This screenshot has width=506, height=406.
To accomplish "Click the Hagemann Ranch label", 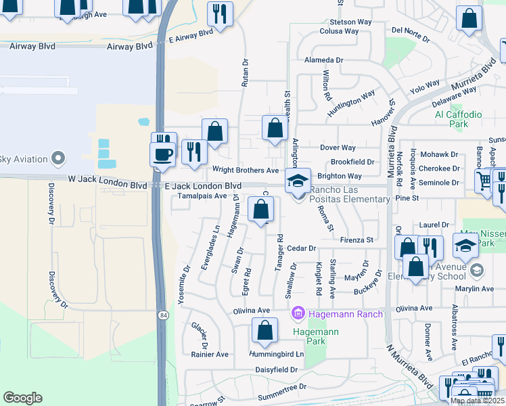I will (x=346, y=314).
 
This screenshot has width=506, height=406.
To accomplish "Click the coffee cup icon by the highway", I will (x=163, y=153).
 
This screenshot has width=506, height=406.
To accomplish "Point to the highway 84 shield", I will (x=163, y=315).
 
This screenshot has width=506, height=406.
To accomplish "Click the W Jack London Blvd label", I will (x=108, y=185).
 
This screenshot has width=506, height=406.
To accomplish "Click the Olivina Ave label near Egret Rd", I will (x=252, y=311).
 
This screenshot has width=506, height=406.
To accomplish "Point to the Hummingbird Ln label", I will (x=277, y=354).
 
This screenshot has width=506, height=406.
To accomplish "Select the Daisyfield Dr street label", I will (x=276, y=369).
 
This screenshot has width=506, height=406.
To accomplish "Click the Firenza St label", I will (x=356, y=240).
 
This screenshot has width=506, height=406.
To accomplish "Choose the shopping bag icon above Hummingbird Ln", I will (x=264, y=330).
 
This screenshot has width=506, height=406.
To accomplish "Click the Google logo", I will (x=22, y=398).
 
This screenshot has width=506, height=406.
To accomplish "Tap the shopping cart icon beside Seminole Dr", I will (x=484, y=181).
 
